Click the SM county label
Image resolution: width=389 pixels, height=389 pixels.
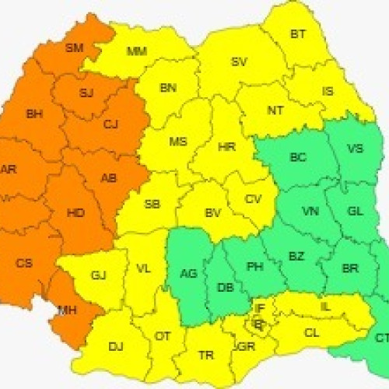coord(74,47)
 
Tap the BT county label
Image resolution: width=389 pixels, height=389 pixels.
coord(298,33)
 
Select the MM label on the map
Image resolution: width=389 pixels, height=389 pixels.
coord(137,52)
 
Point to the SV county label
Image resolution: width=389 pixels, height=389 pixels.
coord(239,61)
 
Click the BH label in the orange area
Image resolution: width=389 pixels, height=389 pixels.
coord(34,114)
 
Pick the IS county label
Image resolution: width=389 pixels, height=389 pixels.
coord(328,91)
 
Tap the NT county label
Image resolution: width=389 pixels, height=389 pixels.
coord(275,110)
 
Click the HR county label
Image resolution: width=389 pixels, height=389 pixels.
coord(226,146)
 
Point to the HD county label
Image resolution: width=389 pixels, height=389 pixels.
coord(76,212)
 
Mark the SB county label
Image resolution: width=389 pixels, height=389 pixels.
coord(152,205)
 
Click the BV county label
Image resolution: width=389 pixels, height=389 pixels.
coord(213,212)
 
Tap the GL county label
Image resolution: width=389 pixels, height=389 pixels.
coord(355,212)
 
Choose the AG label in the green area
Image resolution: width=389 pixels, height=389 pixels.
coord(187,273)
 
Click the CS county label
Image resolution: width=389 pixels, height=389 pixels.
coord(24,263)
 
